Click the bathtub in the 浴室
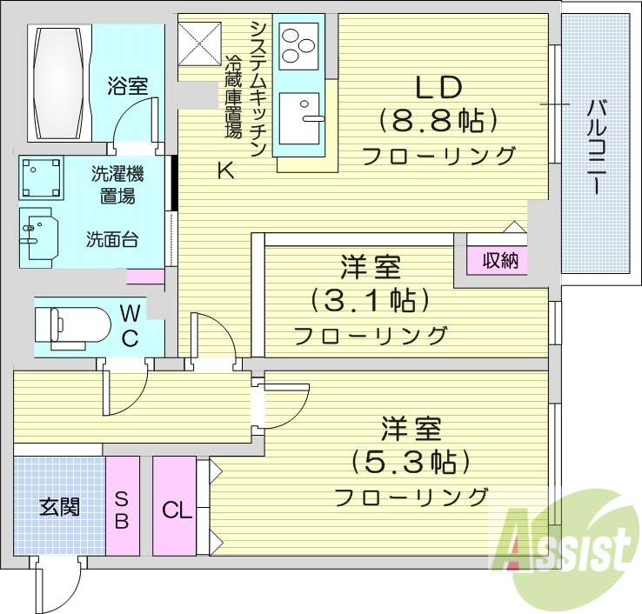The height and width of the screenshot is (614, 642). coord(58,82)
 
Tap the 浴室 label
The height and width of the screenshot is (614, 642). coord(128,86)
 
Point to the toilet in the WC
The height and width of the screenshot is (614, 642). coord(70,326)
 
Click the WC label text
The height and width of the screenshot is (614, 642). coord(129,325)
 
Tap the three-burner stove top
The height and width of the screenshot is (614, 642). coord(299,43)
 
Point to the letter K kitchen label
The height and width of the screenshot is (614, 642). coord(225,171)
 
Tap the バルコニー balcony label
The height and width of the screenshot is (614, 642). coord(597,146)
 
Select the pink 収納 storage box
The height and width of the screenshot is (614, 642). coord(499,260)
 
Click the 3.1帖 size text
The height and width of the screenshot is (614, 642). coord(371,300)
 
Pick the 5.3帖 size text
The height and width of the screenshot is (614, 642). coord(411,461)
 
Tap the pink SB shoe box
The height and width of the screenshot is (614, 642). coord(123,506)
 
